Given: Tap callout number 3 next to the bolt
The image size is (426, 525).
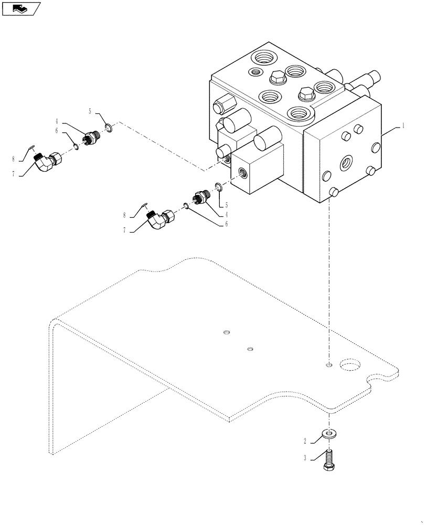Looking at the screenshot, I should point(304,458).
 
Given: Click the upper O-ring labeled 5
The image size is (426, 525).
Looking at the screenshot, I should point(109,128).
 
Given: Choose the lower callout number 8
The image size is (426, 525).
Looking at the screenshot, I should point(124,215).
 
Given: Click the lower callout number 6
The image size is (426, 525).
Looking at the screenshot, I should point(226,223).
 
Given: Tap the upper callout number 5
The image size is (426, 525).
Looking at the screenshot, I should point(90,111).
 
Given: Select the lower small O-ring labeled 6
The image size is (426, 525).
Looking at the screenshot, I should point(186,206).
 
